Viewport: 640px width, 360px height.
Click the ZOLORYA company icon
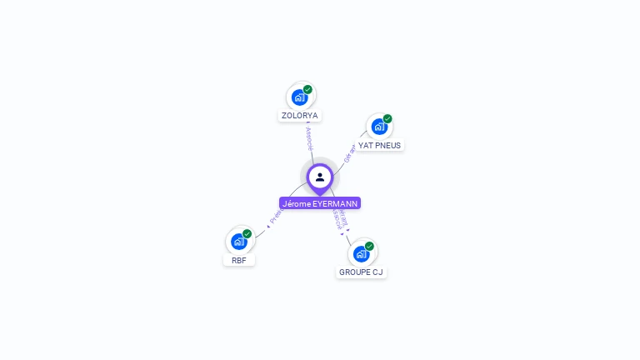coord(299,97)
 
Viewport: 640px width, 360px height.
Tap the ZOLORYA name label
coord(300,116)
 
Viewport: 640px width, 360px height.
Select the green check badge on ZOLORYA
coord(307,89)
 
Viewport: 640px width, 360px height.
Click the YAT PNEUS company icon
coord(379,127)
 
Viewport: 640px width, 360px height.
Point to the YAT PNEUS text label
coord(379,145)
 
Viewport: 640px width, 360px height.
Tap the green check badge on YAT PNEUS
coord(387,118)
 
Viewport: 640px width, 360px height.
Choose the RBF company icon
coord(239,242)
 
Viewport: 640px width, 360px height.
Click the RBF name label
coord(239,260)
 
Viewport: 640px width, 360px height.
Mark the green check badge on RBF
coord(247,233)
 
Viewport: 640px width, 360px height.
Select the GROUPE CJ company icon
coord(361,253)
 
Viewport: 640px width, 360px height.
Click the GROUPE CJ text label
coord(362,272)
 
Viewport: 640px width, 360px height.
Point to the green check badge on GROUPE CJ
coord(369,245)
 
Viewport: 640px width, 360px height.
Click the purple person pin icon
coord(320,177)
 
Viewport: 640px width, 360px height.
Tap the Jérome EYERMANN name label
coord(320,203)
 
